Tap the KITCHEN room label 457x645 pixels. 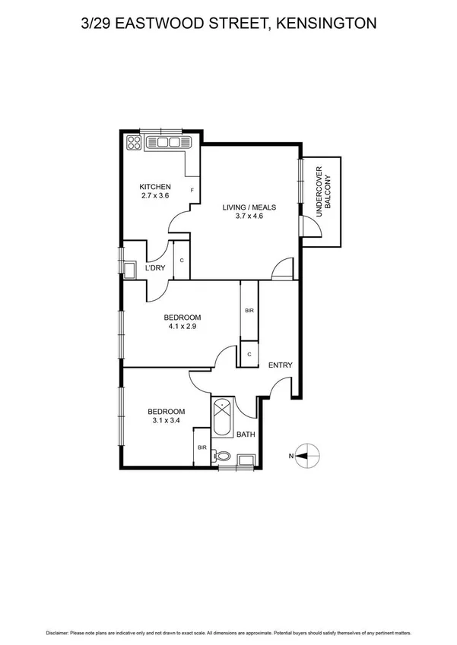click(x=154, y=187)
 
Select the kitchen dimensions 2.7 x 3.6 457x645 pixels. click(x=154, y=196)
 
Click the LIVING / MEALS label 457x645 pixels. click(x=249, y=207)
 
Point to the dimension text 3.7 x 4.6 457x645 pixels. click(x=249, y=216)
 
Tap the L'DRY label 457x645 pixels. click(x=155, y=268)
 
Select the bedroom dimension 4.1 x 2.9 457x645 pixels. click(x=182, y=327)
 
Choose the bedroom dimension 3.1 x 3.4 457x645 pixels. click(x=166, y=422)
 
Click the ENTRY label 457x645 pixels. click(x=280, y=365)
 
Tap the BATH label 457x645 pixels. click(x=246, y=435)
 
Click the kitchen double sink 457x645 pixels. click(x=167, y=141)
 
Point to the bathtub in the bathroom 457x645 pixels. click(x=224, y=416)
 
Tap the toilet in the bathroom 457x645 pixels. click(x=221, y=457)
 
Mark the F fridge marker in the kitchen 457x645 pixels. click(x=192, y=190)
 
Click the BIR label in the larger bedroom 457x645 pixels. click(x=249, y=311)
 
